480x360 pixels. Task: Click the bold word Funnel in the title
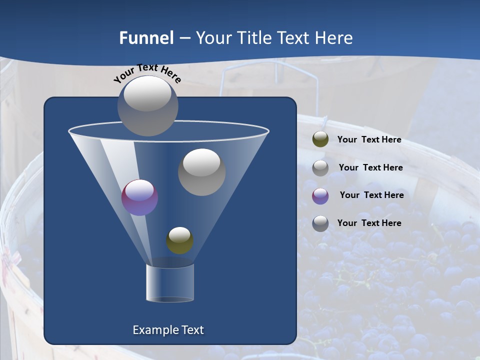click(146, 38)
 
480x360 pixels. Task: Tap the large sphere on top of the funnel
click(148, 105)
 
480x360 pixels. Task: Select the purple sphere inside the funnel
click(140, 198)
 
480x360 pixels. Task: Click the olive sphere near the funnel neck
click(179, 240)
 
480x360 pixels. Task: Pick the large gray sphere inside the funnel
click(201, 172)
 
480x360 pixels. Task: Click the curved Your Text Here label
click(147, 73)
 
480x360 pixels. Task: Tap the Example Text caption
click(168, 330)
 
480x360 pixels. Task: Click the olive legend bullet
click(320, 139)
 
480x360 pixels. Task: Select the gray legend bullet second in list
click(320, 168)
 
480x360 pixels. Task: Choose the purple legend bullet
click(320, 196)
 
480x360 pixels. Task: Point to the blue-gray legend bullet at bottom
click(320, 223)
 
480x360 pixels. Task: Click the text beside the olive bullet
click(369, 139)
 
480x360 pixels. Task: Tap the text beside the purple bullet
click(371, 195)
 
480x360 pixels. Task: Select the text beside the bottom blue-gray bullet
click(369, 223)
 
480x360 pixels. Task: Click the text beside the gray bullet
click(370, 167)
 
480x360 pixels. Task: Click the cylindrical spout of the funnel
click(170, 283)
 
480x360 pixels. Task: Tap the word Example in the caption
click(152, 330)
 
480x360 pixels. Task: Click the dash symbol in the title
click(184, 38)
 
